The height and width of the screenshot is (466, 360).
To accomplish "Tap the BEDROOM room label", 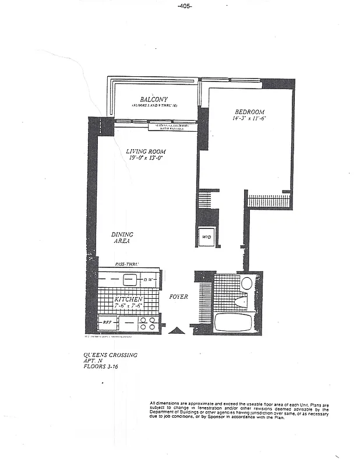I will [250, 112].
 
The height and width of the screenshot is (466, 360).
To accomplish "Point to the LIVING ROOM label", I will [144, 151].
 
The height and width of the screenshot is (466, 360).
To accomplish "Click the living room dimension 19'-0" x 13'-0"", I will [144, 158].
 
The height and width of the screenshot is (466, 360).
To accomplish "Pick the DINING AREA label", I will [122, 237].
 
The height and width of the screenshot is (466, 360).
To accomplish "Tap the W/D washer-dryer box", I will [206, 236].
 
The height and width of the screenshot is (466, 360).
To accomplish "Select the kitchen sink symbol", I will [129, 280].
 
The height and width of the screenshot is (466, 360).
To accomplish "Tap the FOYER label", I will [179, 297].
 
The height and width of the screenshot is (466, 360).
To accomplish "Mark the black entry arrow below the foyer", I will [177, 330].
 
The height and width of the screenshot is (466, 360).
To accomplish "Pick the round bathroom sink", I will [246, 284].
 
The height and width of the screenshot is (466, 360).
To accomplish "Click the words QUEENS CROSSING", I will [111, 354].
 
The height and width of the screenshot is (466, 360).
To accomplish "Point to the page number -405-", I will [184, 6].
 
